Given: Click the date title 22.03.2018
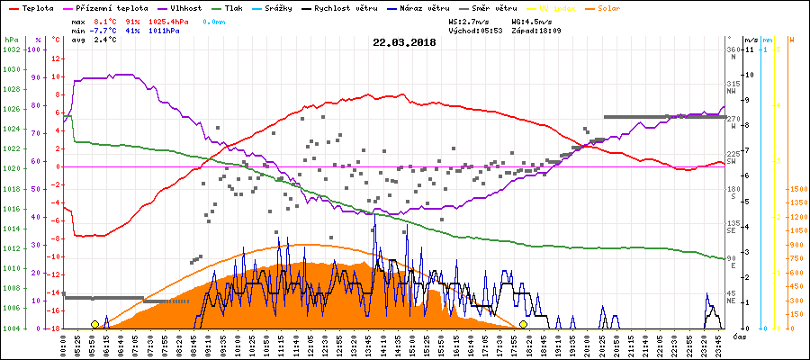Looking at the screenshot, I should pos(404,42).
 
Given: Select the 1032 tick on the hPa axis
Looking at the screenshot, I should pos(11,50).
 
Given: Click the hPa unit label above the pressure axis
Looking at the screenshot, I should pos(11,40).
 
